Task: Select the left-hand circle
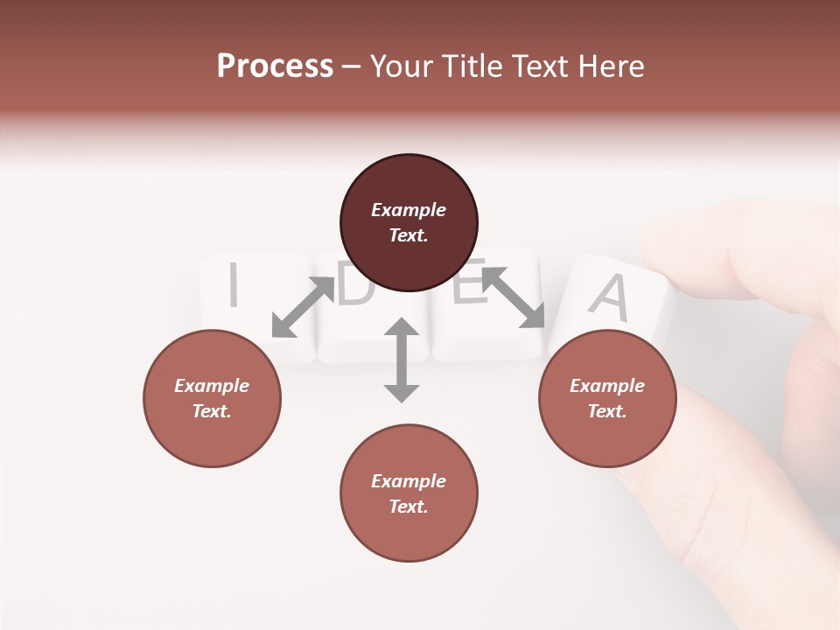pyautogui.click(x=212, y=398)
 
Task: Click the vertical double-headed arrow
pyautogui.click(x=402, y=360)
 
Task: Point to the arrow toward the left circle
pyautogui.click(x=303, y=307)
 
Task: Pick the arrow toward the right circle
pyautogui.click(x=514, y=297)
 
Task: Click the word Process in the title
pyautogui.click(x=275, y=66)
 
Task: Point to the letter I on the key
pyautogui.click(x=233, y=285)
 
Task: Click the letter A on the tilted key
pyautogui.click(x=610, y=297)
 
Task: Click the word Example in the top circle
pyautogui.click(x=409, y=210)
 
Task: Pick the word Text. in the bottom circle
pyautogui.click(x=409, y=507)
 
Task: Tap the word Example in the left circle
pyautogui.click(x=212, y=386)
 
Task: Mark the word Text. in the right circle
pyautogui.click(x=607, y=411)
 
